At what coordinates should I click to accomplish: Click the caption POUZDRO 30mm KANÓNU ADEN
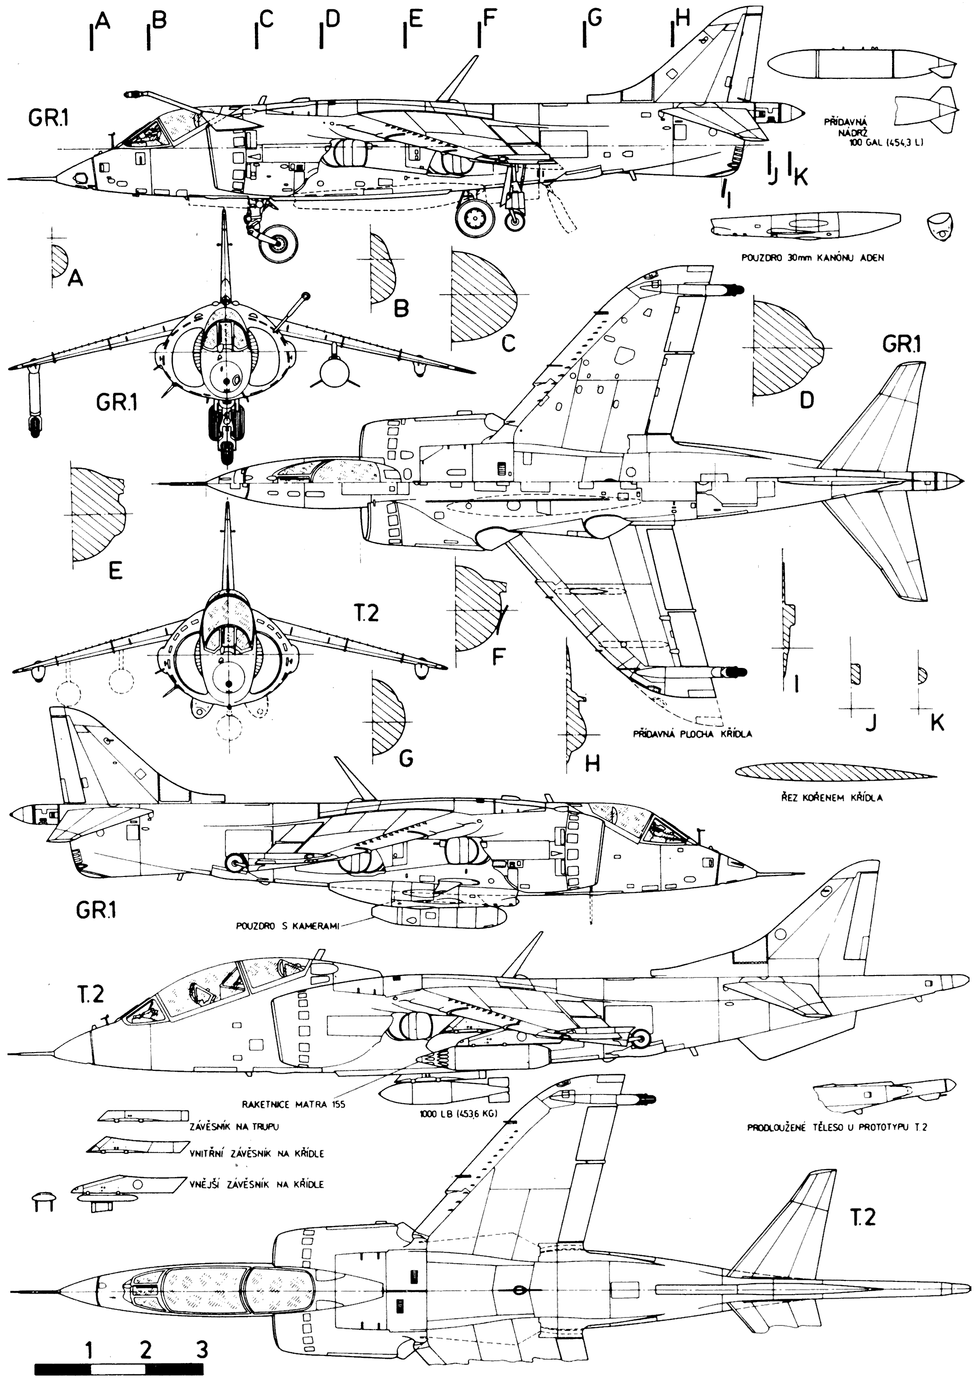pos(812,258)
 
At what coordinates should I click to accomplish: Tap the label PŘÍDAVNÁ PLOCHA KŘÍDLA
pos(692,735)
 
